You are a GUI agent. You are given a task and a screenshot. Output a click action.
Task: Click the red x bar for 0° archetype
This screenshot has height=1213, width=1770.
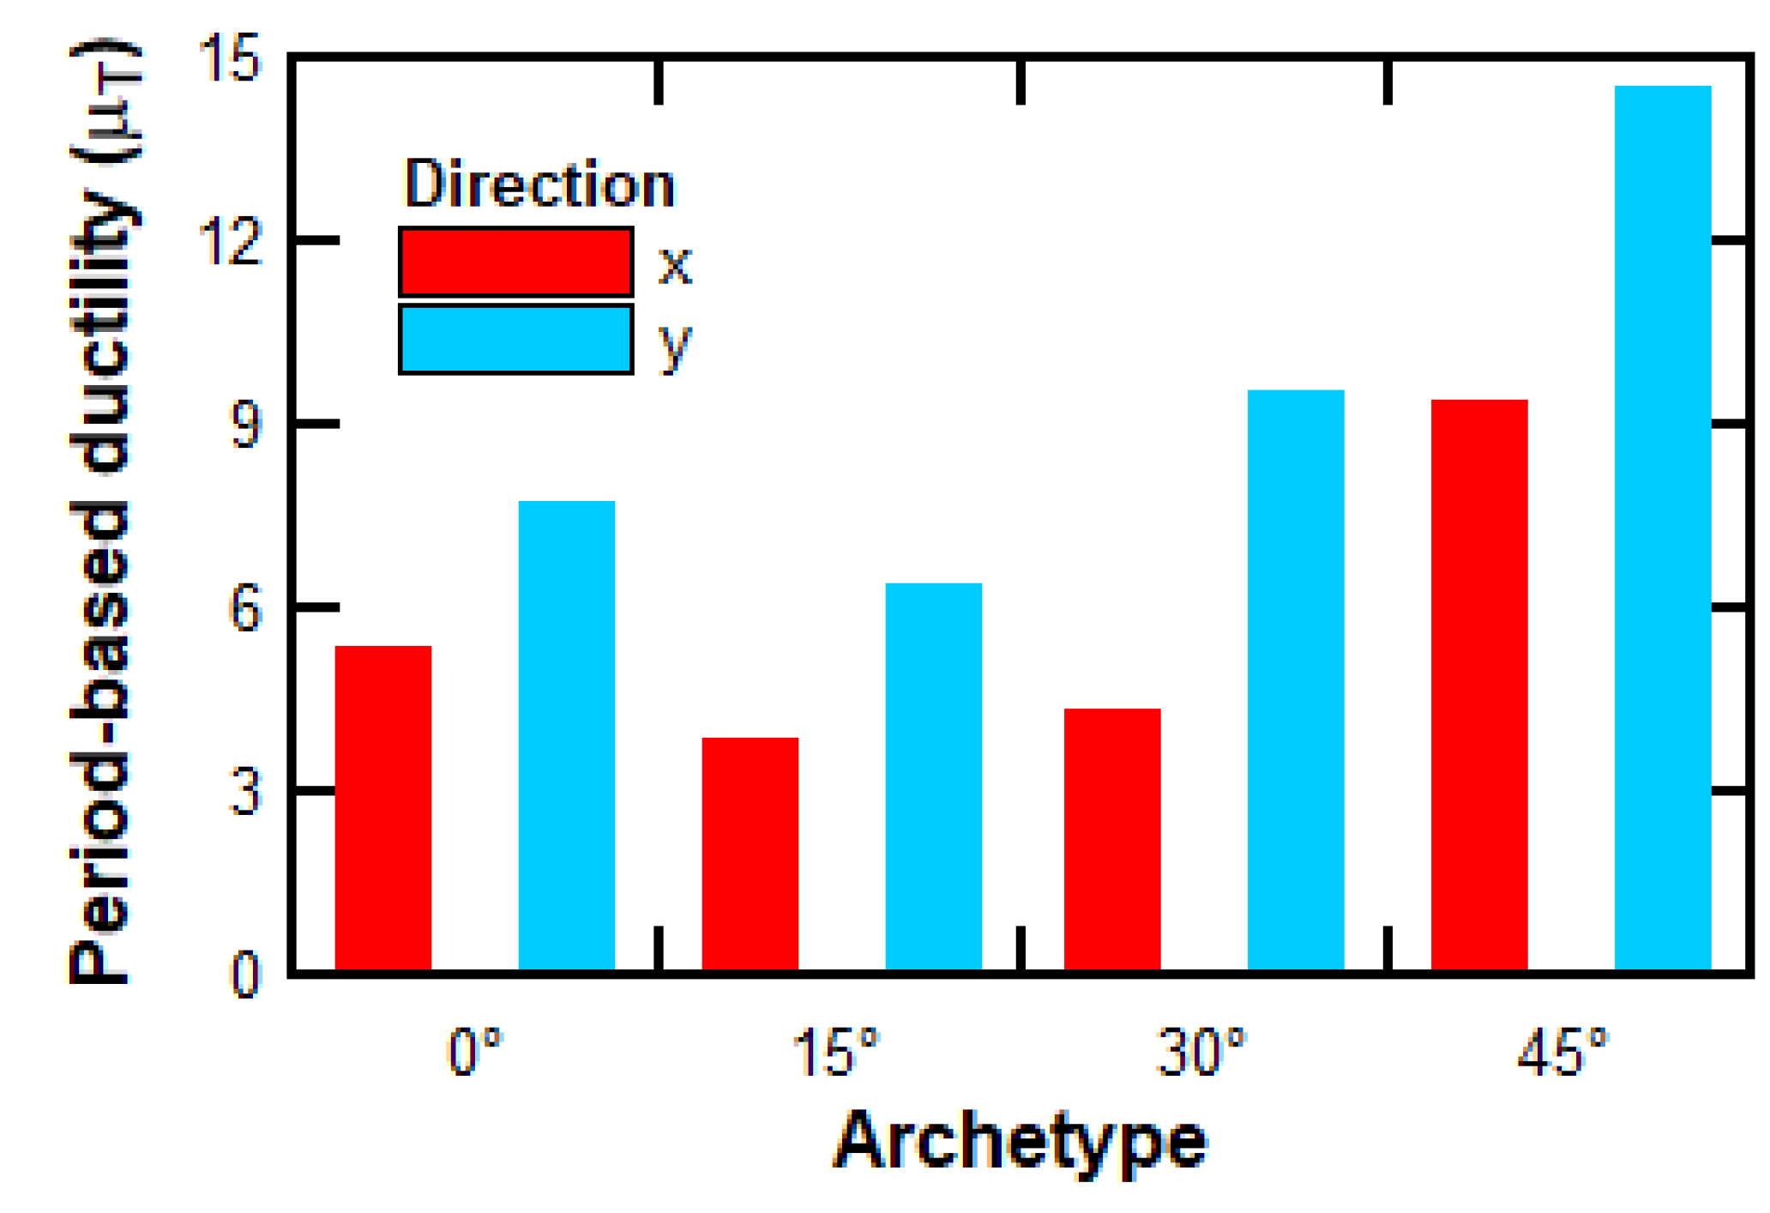382,807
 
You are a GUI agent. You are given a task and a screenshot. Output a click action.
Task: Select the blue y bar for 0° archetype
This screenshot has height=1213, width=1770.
566,735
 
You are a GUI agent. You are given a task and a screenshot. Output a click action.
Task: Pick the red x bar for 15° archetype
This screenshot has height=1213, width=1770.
750,853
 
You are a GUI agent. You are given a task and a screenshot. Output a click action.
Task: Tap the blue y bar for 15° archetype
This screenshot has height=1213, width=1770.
933,775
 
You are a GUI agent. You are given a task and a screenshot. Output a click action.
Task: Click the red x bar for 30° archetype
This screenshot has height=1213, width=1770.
1111,838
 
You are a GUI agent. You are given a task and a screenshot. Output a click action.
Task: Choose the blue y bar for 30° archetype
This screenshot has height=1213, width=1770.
1295,679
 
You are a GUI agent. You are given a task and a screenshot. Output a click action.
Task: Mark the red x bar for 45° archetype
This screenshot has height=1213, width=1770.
1478,684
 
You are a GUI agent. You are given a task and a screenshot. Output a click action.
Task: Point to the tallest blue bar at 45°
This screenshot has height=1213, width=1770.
1662,527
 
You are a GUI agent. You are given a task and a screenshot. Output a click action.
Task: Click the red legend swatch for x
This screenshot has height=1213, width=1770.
515,262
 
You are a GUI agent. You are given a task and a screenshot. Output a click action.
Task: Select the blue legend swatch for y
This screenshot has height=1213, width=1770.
515,339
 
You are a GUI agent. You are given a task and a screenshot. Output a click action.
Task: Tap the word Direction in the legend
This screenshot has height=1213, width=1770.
539,184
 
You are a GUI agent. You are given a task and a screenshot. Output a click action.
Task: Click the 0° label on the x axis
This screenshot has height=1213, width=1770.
474,1053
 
